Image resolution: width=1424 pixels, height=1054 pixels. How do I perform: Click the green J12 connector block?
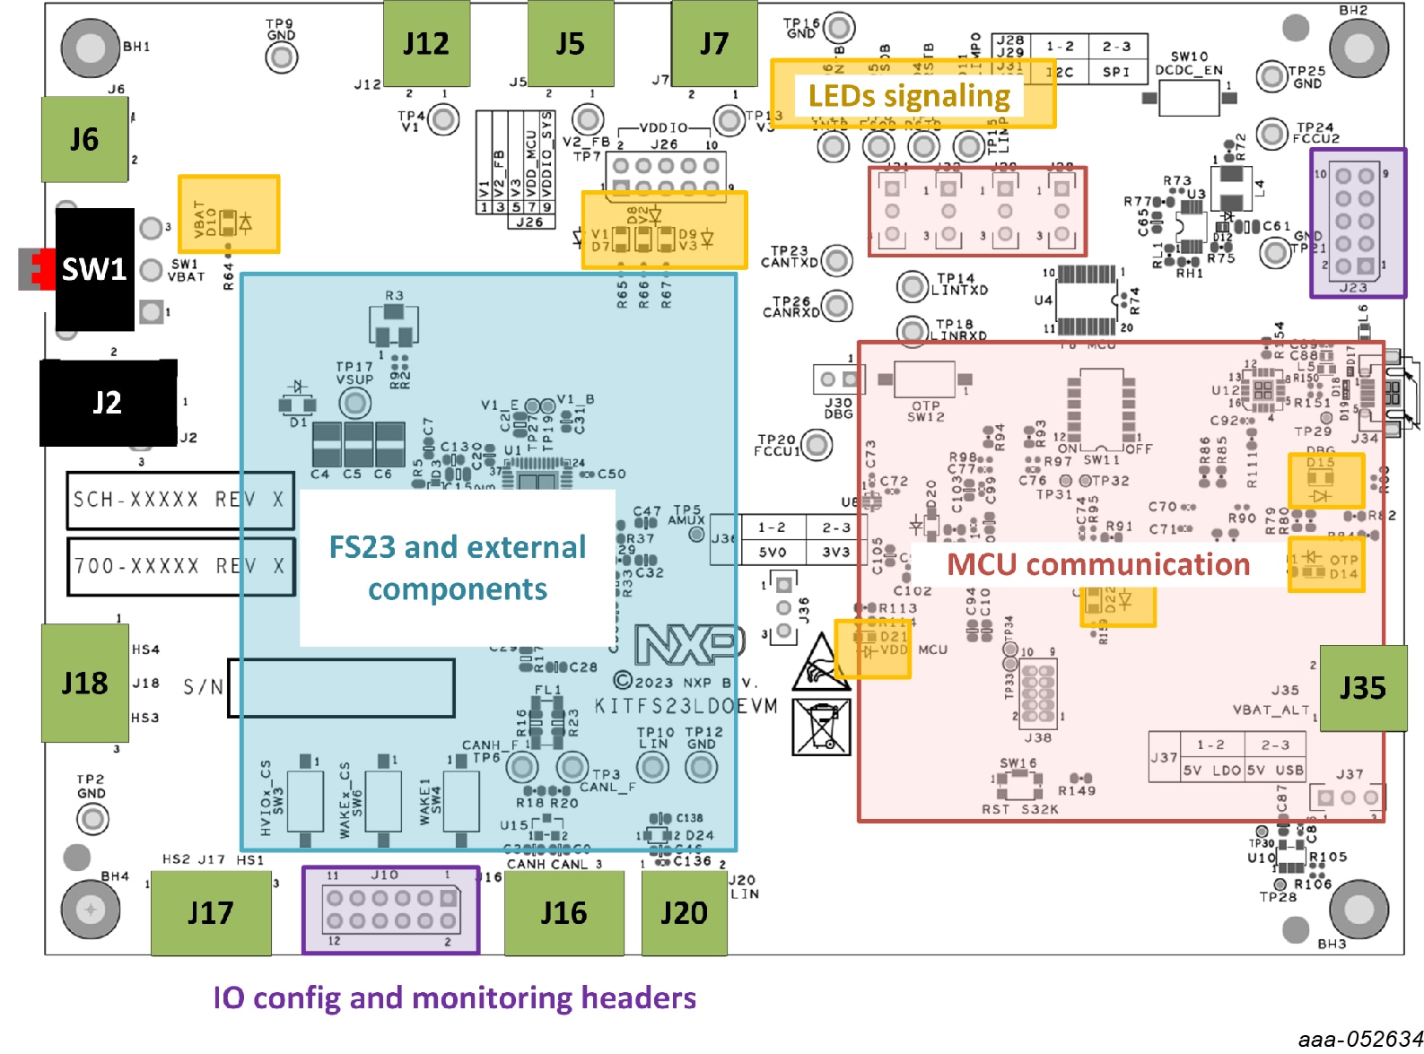(x=426, y=43)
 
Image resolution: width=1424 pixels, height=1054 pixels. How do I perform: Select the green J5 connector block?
(x=570, y=43)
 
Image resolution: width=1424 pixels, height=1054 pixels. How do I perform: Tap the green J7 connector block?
(x=714, y=43)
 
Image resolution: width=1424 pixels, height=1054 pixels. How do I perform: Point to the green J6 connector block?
(x=84, y=139)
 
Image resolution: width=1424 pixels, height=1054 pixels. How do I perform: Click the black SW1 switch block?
(x=94, y=269)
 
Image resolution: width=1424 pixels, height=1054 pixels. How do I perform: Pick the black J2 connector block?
(x=108, y=403)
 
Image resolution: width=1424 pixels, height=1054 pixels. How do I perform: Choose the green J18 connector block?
(x=85, y=684)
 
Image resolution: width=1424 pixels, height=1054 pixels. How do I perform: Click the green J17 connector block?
(x=211, y=913)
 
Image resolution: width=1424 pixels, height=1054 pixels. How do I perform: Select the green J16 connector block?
(x=563, y=913)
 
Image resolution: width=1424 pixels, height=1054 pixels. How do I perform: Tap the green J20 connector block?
(x=684, y=913)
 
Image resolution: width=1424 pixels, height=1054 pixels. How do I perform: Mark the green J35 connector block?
(x=1362, y=688)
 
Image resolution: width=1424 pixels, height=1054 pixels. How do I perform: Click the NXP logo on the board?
(x=689, y=643)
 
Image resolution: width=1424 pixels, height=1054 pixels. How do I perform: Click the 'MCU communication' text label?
(x=1098, y=564)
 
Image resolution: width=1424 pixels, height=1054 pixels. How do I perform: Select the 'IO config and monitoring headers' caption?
(x=454, y=997)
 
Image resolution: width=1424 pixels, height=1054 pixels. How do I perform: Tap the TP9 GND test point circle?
(x=282, y=57)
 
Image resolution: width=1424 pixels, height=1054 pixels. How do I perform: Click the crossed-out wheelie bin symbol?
(x=821, y=727)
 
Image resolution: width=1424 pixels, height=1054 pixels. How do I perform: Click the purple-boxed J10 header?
(x=390, y=909)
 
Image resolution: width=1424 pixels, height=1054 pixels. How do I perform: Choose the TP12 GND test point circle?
(x=701, y=767)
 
